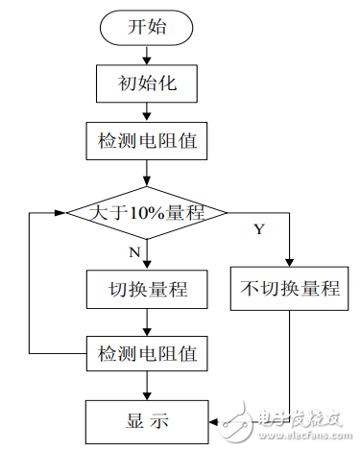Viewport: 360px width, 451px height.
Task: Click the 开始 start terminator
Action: pyautogui.click(x=147, y=28)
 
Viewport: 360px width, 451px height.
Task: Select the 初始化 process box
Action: pyautogui.click(x=147, y=84)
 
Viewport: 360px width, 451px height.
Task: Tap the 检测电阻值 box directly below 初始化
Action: pyautogui.click(x=147, y=142)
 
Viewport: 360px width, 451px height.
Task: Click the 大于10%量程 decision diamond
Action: pyautogui.click(x=147, y=212)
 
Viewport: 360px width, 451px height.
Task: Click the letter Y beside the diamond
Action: pyautogui.click(x=258, y=228)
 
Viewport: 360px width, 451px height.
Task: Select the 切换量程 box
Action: pyautogui.click(x=147, y=288)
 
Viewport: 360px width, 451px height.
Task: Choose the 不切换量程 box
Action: pyautogui.click(x=289, y=288)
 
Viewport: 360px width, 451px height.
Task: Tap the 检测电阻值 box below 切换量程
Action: pyautogui.click(x=147, y=353)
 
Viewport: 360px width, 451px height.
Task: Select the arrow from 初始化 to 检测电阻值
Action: pyautogui.click(x=147, y=113)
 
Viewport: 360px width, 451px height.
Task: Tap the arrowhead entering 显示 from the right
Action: pyautogui.click(x=213, y=418)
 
